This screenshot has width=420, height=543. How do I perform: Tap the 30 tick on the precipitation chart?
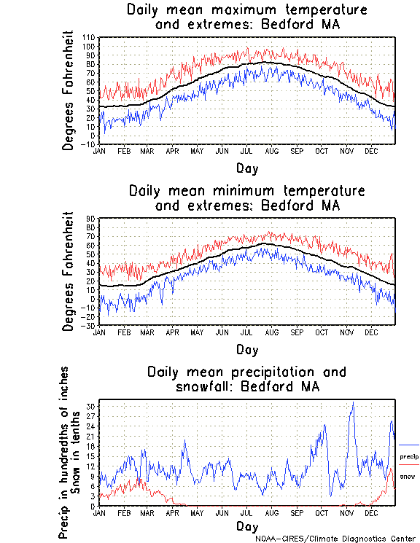[91, 405]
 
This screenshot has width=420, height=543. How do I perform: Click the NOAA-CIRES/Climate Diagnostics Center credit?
[335, 539]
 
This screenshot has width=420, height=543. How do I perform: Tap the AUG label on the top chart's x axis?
[271, 151]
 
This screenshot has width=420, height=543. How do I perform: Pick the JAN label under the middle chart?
[100, 332]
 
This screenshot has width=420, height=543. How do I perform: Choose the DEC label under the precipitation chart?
[370, 513]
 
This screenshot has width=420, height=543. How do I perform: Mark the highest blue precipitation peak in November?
[353, 402]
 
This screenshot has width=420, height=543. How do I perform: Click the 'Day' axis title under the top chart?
[246, 168]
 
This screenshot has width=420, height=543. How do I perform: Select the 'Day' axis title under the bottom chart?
[246, 526]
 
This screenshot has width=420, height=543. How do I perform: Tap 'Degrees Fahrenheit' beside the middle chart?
[69, 271]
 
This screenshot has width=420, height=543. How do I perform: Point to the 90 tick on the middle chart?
[91, 219]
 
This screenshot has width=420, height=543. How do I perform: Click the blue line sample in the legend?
[409, 445]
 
